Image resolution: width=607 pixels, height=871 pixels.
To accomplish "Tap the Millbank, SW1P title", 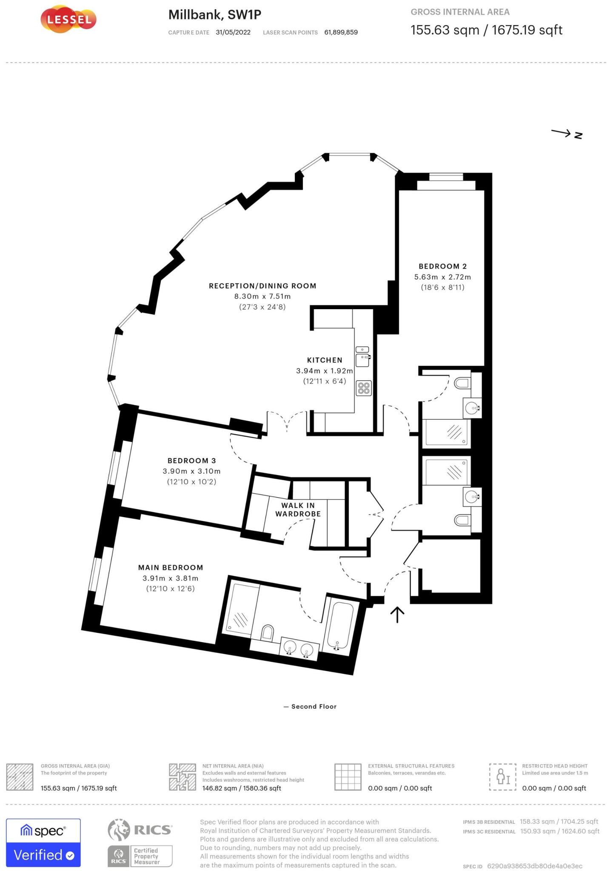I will [214, 15].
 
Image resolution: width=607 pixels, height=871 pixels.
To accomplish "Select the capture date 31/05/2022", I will [233, 32].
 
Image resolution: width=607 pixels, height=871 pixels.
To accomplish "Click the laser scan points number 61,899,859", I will [341, 32].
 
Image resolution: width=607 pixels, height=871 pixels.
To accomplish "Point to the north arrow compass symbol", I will [567, 134].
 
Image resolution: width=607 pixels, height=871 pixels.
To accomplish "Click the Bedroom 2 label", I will [442, 266].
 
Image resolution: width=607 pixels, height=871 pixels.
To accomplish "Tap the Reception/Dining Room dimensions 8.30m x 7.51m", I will [262, 296].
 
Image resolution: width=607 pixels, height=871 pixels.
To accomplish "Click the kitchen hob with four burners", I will [364, 388].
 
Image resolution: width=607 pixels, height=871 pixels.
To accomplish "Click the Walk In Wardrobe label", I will [298, 510].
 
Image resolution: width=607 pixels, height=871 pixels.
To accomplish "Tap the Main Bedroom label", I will [171, 567].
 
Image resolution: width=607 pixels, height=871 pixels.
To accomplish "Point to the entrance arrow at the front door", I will [397, 614].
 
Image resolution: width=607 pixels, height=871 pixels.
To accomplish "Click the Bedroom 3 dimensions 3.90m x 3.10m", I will [191, 471].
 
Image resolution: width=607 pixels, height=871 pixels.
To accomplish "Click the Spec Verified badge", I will [43, 843].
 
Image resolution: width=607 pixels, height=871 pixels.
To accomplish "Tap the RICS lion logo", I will [118, 830].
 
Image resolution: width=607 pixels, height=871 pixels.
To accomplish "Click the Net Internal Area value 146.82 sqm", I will [241, 788].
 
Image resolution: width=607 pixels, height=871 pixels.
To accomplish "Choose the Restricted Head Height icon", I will [502, 777].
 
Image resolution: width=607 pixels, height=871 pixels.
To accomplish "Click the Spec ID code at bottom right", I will [535, 866].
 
